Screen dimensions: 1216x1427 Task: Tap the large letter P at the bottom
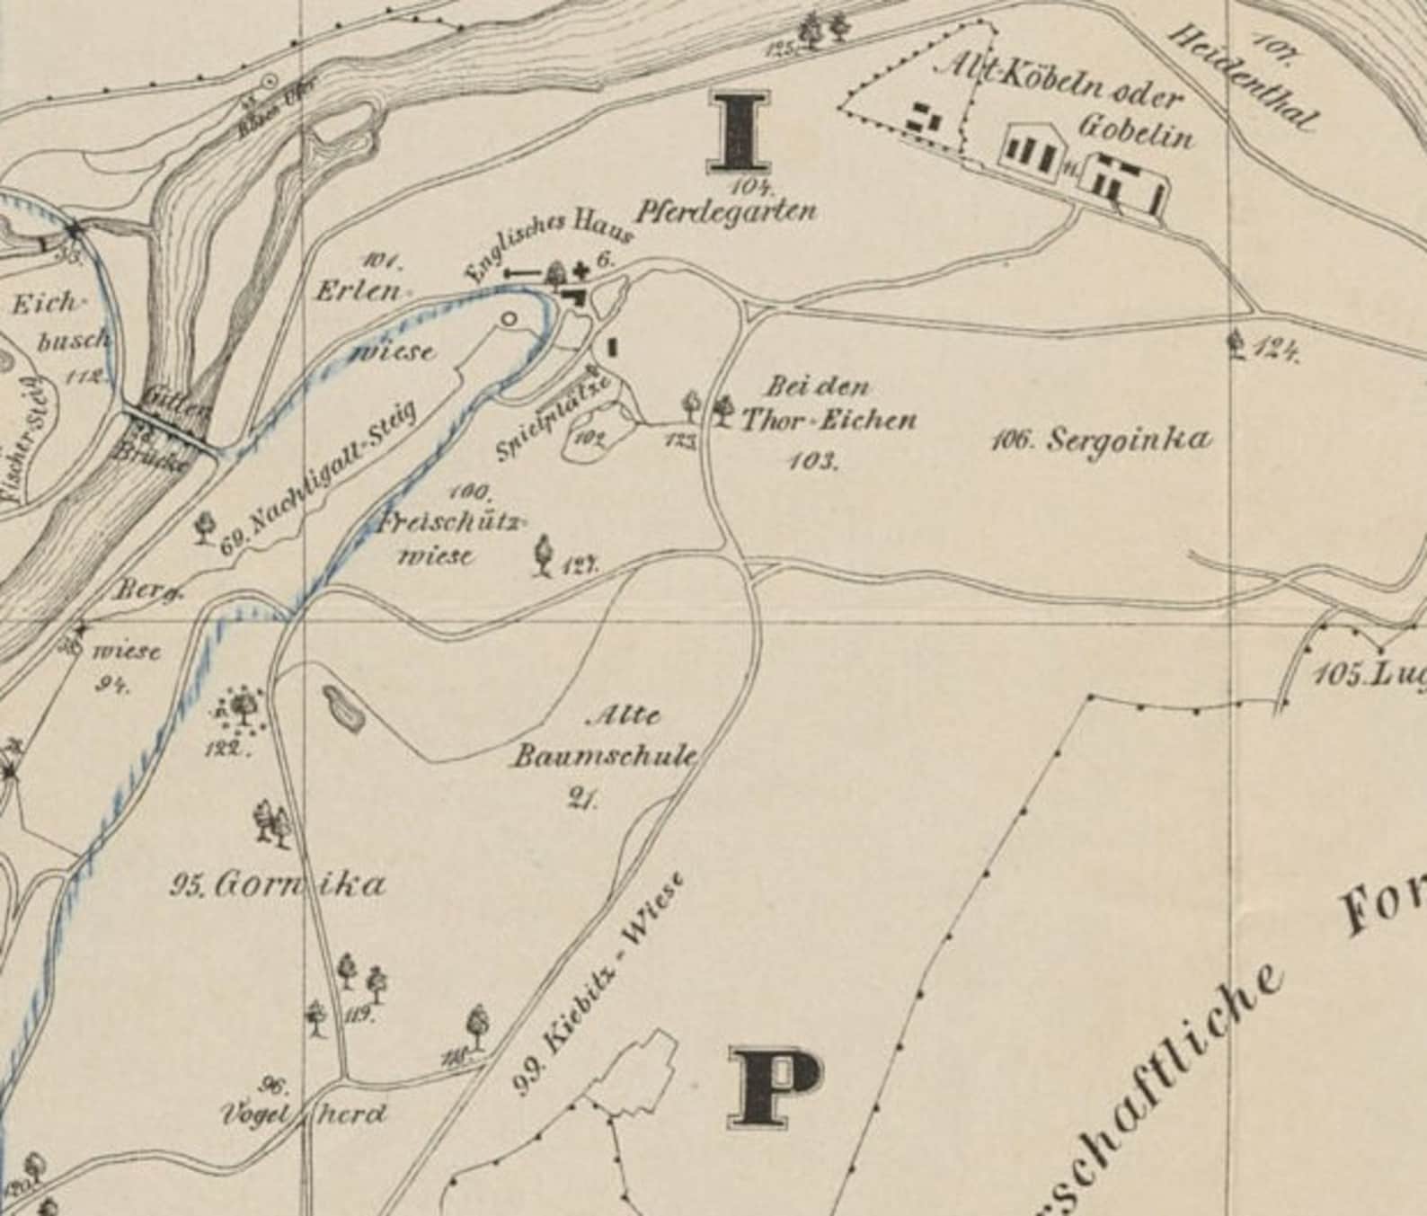(775, 1087)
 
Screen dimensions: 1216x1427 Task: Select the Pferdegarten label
(726, 212)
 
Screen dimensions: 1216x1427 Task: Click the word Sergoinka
(1129, 439)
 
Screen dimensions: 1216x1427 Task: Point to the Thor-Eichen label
(828, 420)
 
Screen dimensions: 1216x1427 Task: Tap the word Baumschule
(605, 757)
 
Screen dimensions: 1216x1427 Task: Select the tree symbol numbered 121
(543, 555)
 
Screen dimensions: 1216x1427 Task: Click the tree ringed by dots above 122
(242, 706)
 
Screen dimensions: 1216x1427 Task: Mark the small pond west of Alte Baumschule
(342, 707)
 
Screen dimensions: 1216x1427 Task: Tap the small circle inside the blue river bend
(510, 318)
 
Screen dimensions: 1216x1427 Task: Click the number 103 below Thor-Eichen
(812, 461)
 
